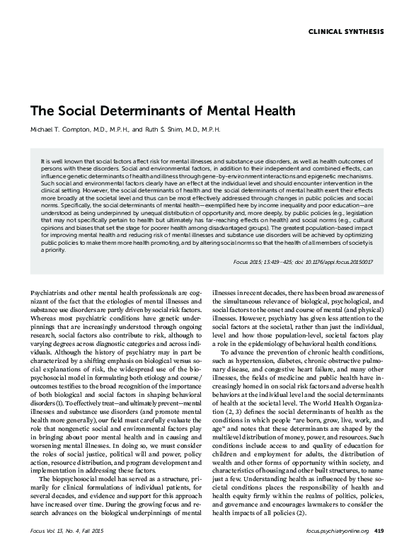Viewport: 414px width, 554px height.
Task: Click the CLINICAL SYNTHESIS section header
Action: click(x=347, y=33)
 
